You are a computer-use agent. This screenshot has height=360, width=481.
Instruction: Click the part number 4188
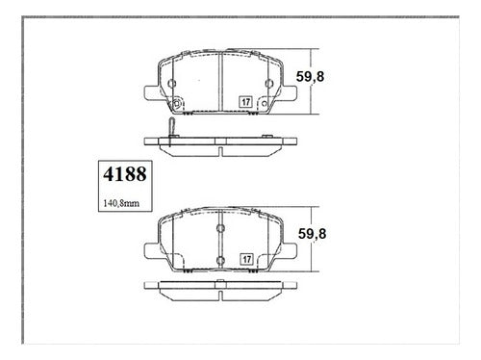point(125,174)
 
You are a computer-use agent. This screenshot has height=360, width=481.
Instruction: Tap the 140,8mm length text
point(121,203)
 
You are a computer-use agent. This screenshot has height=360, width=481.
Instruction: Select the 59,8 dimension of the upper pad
point(310,77)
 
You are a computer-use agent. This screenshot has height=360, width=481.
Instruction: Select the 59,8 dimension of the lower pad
point(312,234)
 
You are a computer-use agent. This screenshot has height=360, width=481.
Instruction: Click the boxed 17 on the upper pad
point(246,102)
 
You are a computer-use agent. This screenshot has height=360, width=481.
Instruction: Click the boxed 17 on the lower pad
point(246,259)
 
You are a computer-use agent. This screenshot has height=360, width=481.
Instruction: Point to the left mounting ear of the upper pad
point(151,92)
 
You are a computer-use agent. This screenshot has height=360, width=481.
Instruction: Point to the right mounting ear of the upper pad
point(290,92)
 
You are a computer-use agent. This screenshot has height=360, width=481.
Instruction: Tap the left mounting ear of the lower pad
point(151,250)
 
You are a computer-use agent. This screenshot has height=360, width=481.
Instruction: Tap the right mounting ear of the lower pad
point(290,250)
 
